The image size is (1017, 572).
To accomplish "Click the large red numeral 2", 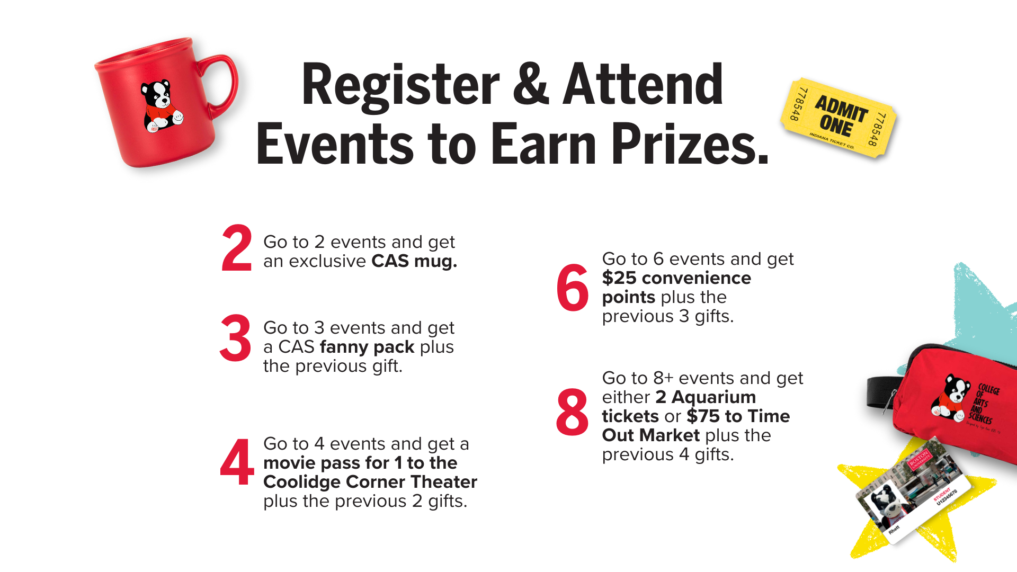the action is point(237,248).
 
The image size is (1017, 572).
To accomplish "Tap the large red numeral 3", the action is point(236,338).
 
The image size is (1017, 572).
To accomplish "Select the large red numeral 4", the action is point(237,462).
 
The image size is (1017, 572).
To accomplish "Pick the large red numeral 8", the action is point(572,412).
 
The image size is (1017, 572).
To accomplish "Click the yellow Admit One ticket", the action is point(838,118).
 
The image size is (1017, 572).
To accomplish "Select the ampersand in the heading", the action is point(531,85).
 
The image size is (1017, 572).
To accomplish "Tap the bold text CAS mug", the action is point(414,261).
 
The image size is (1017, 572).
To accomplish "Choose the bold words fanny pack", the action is point(367,347).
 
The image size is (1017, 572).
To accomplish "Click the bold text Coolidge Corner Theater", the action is point(370,482).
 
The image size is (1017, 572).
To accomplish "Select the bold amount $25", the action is point(620,278).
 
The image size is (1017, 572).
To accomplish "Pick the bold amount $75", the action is point(703,416).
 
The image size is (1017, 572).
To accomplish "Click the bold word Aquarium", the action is point(714,397).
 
